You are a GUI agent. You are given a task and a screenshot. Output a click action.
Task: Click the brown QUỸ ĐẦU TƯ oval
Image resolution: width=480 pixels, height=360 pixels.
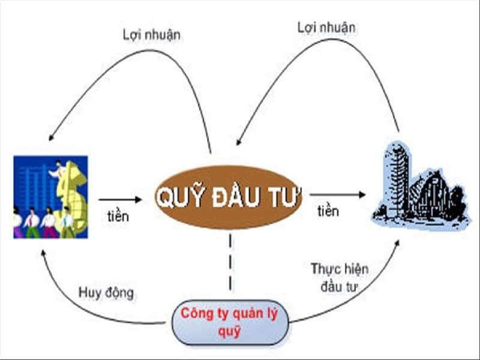click(x=229, y=197)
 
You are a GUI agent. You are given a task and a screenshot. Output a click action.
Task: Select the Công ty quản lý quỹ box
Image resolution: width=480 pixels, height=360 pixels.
click(x=230, y=322)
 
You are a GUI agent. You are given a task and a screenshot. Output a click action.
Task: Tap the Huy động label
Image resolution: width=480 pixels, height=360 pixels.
click(x=106, y=293)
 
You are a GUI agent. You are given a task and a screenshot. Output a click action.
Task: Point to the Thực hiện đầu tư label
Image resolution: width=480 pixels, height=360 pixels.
click(x=340, y=278)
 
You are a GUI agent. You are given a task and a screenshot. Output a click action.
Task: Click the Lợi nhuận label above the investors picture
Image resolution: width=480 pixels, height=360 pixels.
click(x=152, y=35)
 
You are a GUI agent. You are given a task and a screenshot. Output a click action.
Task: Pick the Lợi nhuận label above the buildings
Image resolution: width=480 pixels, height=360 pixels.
click(x=326, y=28)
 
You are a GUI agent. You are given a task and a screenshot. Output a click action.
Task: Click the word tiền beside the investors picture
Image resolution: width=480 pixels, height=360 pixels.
click(x=118, y=216)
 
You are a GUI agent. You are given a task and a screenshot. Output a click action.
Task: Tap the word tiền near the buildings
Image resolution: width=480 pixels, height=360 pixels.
click(x=328, y=211)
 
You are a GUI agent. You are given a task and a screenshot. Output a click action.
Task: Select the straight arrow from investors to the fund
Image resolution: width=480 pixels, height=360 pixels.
click(x=121, y=200)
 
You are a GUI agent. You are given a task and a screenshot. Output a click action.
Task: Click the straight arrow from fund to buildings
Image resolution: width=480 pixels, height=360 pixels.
click(x=338, y=194)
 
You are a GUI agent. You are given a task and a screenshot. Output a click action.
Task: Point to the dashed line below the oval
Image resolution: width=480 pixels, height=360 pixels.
click(x=230, y=262)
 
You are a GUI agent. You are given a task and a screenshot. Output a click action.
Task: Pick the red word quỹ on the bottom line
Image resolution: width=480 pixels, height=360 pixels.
click(x=229, y=332)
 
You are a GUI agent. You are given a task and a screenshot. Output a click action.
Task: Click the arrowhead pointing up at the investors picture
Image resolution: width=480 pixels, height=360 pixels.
click(x=43, y=253)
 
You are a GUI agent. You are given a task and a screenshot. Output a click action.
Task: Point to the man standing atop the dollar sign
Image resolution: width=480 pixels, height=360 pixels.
click(x=59, y=170)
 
